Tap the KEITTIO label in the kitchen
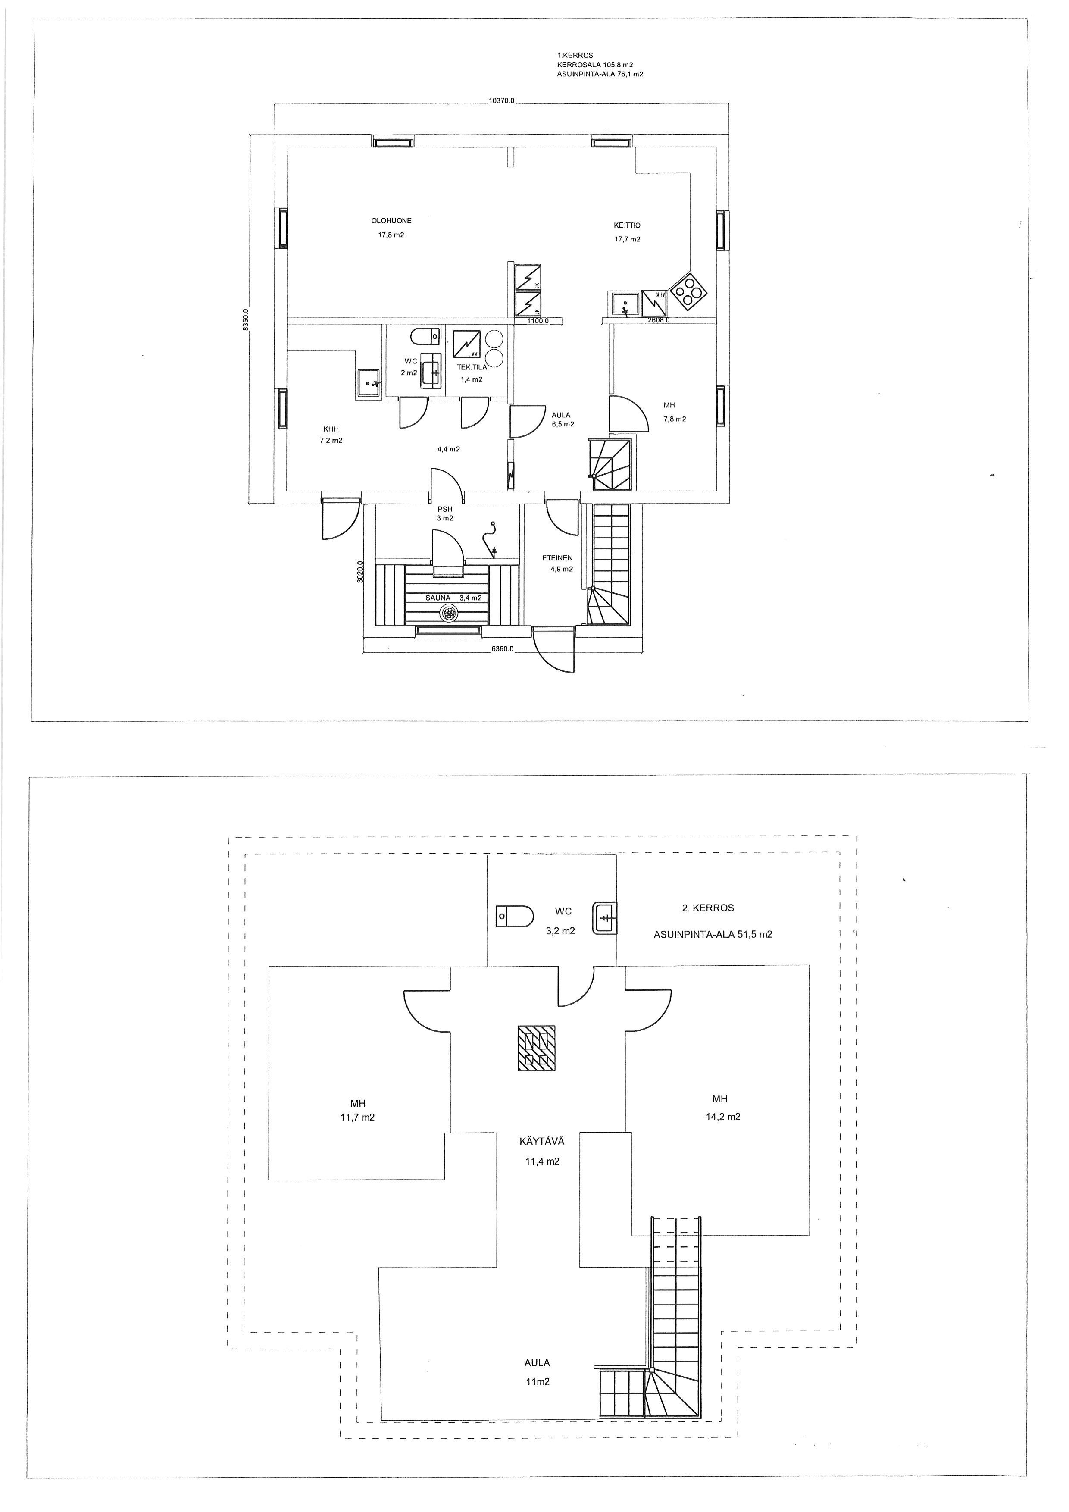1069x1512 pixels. point(627,225)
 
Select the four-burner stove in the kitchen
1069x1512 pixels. point(689,291)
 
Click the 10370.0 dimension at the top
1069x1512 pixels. point(502,101)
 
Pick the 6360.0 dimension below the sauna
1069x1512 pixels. point(502,649)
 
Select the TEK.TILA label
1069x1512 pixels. point(472,367)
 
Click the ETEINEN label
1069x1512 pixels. point(557,558)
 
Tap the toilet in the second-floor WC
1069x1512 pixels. point(515,915)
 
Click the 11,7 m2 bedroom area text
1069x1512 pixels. point(358,1117)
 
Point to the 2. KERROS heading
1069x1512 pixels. point(708,908)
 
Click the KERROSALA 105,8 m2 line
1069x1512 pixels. point(595,65)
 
